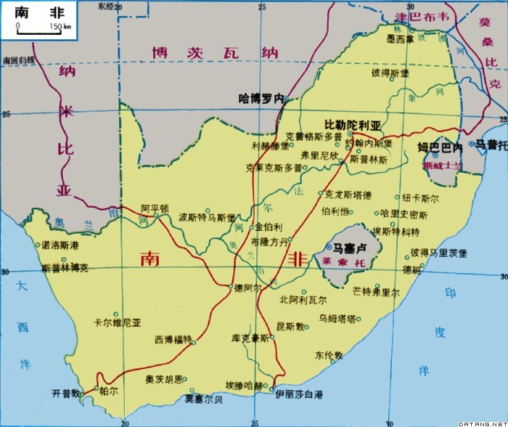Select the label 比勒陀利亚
click(x=352, y=124)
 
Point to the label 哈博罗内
click(x=261, y=97)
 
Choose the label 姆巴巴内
click(x=440, y=147)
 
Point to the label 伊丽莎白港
click(x=298, y=394)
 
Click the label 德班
click(x=412, y=270)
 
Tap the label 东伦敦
click(x=328, y=355)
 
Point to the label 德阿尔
click(x=247, y=288)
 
